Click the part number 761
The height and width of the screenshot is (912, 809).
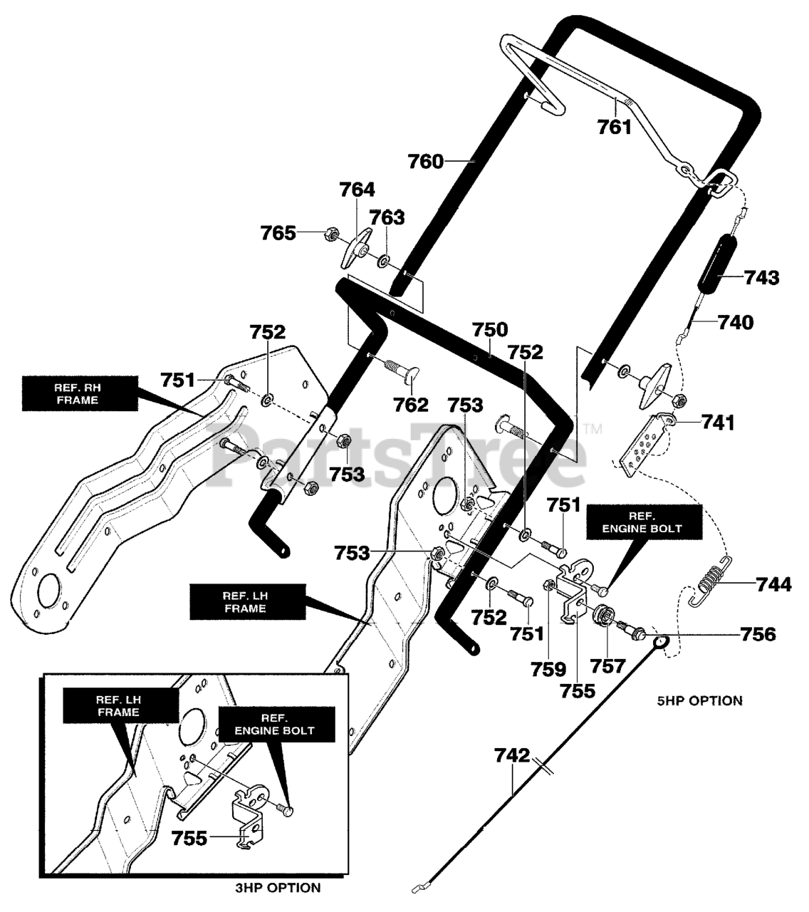(x=614, y=127)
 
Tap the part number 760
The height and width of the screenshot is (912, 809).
(x=425, y=161)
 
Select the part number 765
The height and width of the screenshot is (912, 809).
(x=278, y=233)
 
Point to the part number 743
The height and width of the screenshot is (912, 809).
(x=762, y=277)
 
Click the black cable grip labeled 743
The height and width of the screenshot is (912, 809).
(x=716, y=264)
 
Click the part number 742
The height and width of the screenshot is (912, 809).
(x=512, y=755)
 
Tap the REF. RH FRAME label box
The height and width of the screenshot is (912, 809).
(x=80, y=394)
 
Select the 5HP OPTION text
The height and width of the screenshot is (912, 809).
(x=699, y=701)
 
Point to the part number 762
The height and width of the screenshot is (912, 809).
(x=410, y=405)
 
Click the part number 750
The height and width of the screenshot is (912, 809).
(x=489, y=329)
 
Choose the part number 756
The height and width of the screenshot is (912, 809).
(x=758, y=635)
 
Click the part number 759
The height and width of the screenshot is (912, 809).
(x=548, y=669)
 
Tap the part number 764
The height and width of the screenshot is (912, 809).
(x=357, y=190)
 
